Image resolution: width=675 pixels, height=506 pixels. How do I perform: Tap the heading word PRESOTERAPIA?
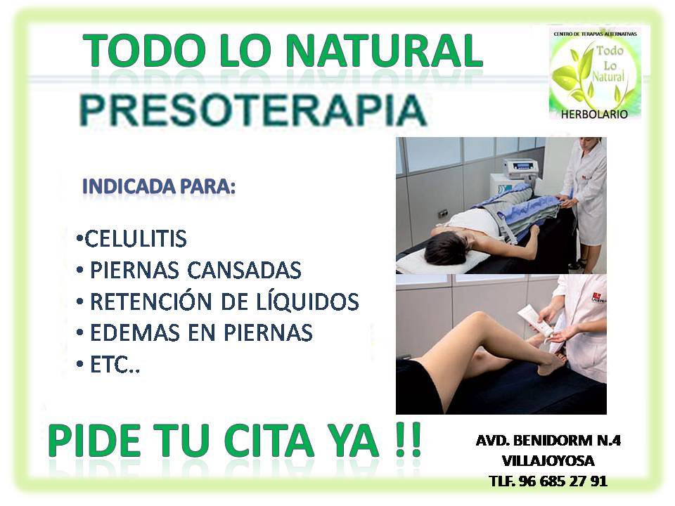pos(252,110)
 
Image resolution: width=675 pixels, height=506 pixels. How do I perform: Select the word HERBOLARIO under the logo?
pos(594,114)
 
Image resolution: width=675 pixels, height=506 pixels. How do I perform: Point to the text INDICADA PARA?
pos(159,187)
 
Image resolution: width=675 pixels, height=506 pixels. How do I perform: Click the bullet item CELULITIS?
pos(131,239)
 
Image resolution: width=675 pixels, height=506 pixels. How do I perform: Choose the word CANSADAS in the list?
pos(244,270)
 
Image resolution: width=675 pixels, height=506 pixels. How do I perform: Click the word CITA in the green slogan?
pos(269,441)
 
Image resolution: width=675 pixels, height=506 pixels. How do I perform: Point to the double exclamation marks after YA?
pos(408,440)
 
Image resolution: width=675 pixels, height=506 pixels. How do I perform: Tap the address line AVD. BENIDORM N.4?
pos(548,441)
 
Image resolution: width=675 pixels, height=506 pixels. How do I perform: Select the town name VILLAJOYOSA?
pos(548,461)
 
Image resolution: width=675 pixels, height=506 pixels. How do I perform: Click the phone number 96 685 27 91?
pos(562,481)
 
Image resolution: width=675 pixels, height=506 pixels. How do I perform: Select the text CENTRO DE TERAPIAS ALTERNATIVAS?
pos(595,34)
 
